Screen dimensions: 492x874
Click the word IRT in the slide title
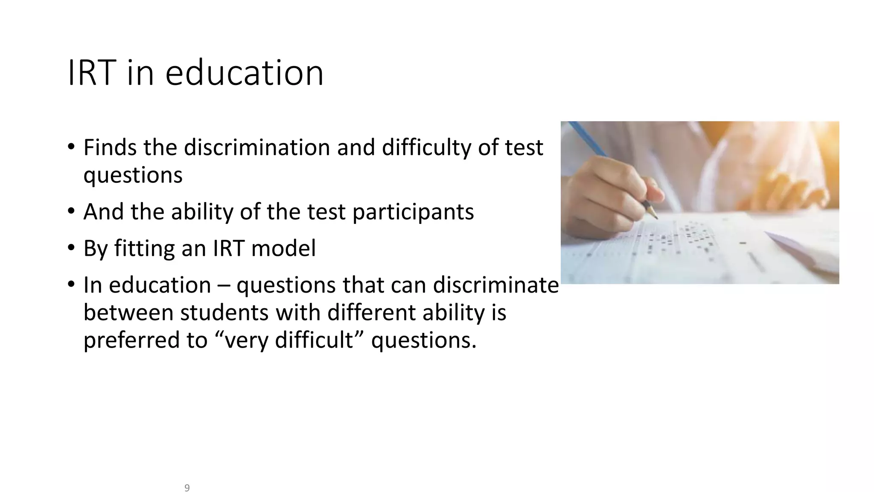coord(92,73)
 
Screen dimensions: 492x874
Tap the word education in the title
coord(244,73)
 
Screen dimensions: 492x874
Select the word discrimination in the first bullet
coord(257,148)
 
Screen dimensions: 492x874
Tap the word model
coord(283,249)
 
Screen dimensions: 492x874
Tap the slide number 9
coord(187,488)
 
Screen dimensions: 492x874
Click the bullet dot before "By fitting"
coord(71,248)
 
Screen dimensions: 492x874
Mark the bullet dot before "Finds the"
coord(71,147)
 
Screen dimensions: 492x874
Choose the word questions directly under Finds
coord(133,176)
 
